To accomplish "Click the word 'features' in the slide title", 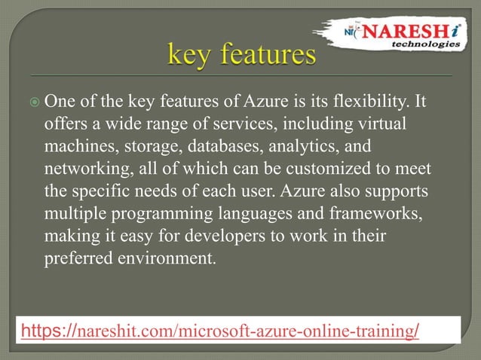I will [x=265, y=55].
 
